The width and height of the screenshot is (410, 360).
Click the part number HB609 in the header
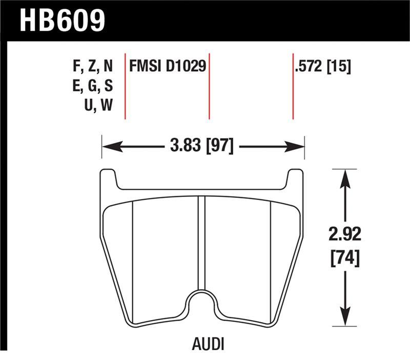click(x=62, y=21)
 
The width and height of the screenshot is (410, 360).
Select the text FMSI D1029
click(x=168, y=67)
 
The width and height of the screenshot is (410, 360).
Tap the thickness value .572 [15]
click(x=322, y=67)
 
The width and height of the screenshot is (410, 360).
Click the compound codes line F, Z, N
click(x=93, y=67)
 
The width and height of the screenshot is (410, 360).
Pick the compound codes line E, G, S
click(x=93, y=86)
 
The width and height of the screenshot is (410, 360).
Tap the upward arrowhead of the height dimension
click(x=346, y=177)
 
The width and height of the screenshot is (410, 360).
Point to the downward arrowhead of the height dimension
click(x=346, y=316)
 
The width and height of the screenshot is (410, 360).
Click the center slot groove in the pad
click(x=201, y=241)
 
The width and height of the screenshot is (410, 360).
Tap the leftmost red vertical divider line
click(x=126, y=85)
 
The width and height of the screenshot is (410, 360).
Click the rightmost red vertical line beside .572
click(x=293, y=85)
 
